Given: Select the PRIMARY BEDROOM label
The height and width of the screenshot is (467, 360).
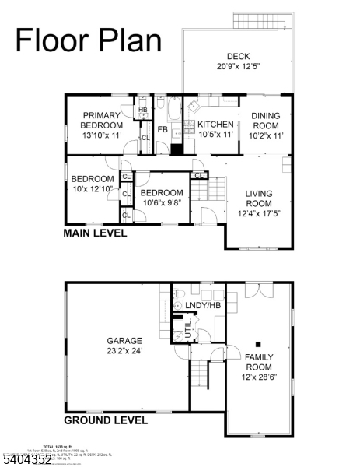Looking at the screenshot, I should pyautogui.click(x=102, y=125).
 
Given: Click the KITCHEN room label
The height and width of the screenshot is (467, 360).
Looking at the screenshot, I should pyautogui.click(x=215, y=129).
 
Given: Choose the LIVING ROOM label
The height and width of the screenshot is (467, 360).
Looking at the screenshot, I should pyautogui.click(x=260, y=203).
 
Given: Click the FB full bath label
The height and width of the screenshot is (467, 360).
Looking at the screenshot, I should pyautogui.click(x=163, y=130).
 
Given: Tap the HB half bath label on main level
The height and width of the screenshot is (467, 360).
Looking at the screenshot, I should pyautogui.click(x=143, y=110).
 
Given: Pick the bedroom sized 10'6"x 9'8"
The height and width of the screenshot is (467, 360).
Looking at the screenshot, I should pyautogui.click(x=162, y=198).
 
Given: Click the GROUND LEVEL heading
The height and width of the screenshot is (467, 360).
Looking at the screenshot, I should pyautogui.click(x=106, y=420).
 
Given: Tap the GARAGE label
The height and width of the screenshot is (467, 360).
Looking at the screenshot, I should pyautogui.click(x=124, y=346).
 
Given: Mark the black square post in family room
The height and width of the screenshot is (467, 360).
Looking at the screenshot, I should pyautogui.click(x=260, y=343).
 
